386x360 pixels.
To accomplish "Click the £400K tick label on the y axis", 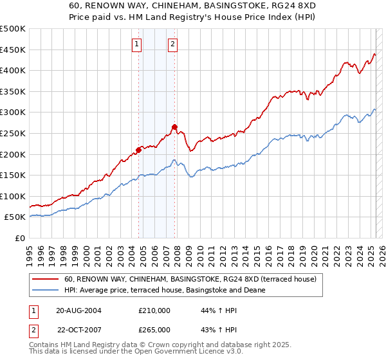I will tap(13, 70).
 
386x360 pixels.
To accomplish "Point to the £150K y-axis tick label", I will tap(13, 175).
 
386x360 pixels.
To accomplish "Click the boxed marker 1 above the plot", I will tap(138, 44).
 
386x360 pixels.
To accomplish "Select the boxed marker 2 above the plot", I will tap(174, 44).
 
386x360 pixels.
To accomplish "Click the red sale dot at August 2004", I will tap(138, 150).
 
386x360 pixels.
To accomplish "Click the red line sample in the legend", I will tap(45, 280).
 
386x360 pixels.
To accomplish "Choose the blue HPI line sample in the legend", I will tap(45, 290).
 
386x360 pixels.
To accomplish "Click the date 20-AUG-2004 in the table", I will tap(79, 310).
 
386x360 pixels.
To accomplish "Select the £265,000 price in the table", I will tap(154, 329).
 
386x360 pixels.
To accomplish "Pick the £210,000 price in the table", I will tap(154, 310).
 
